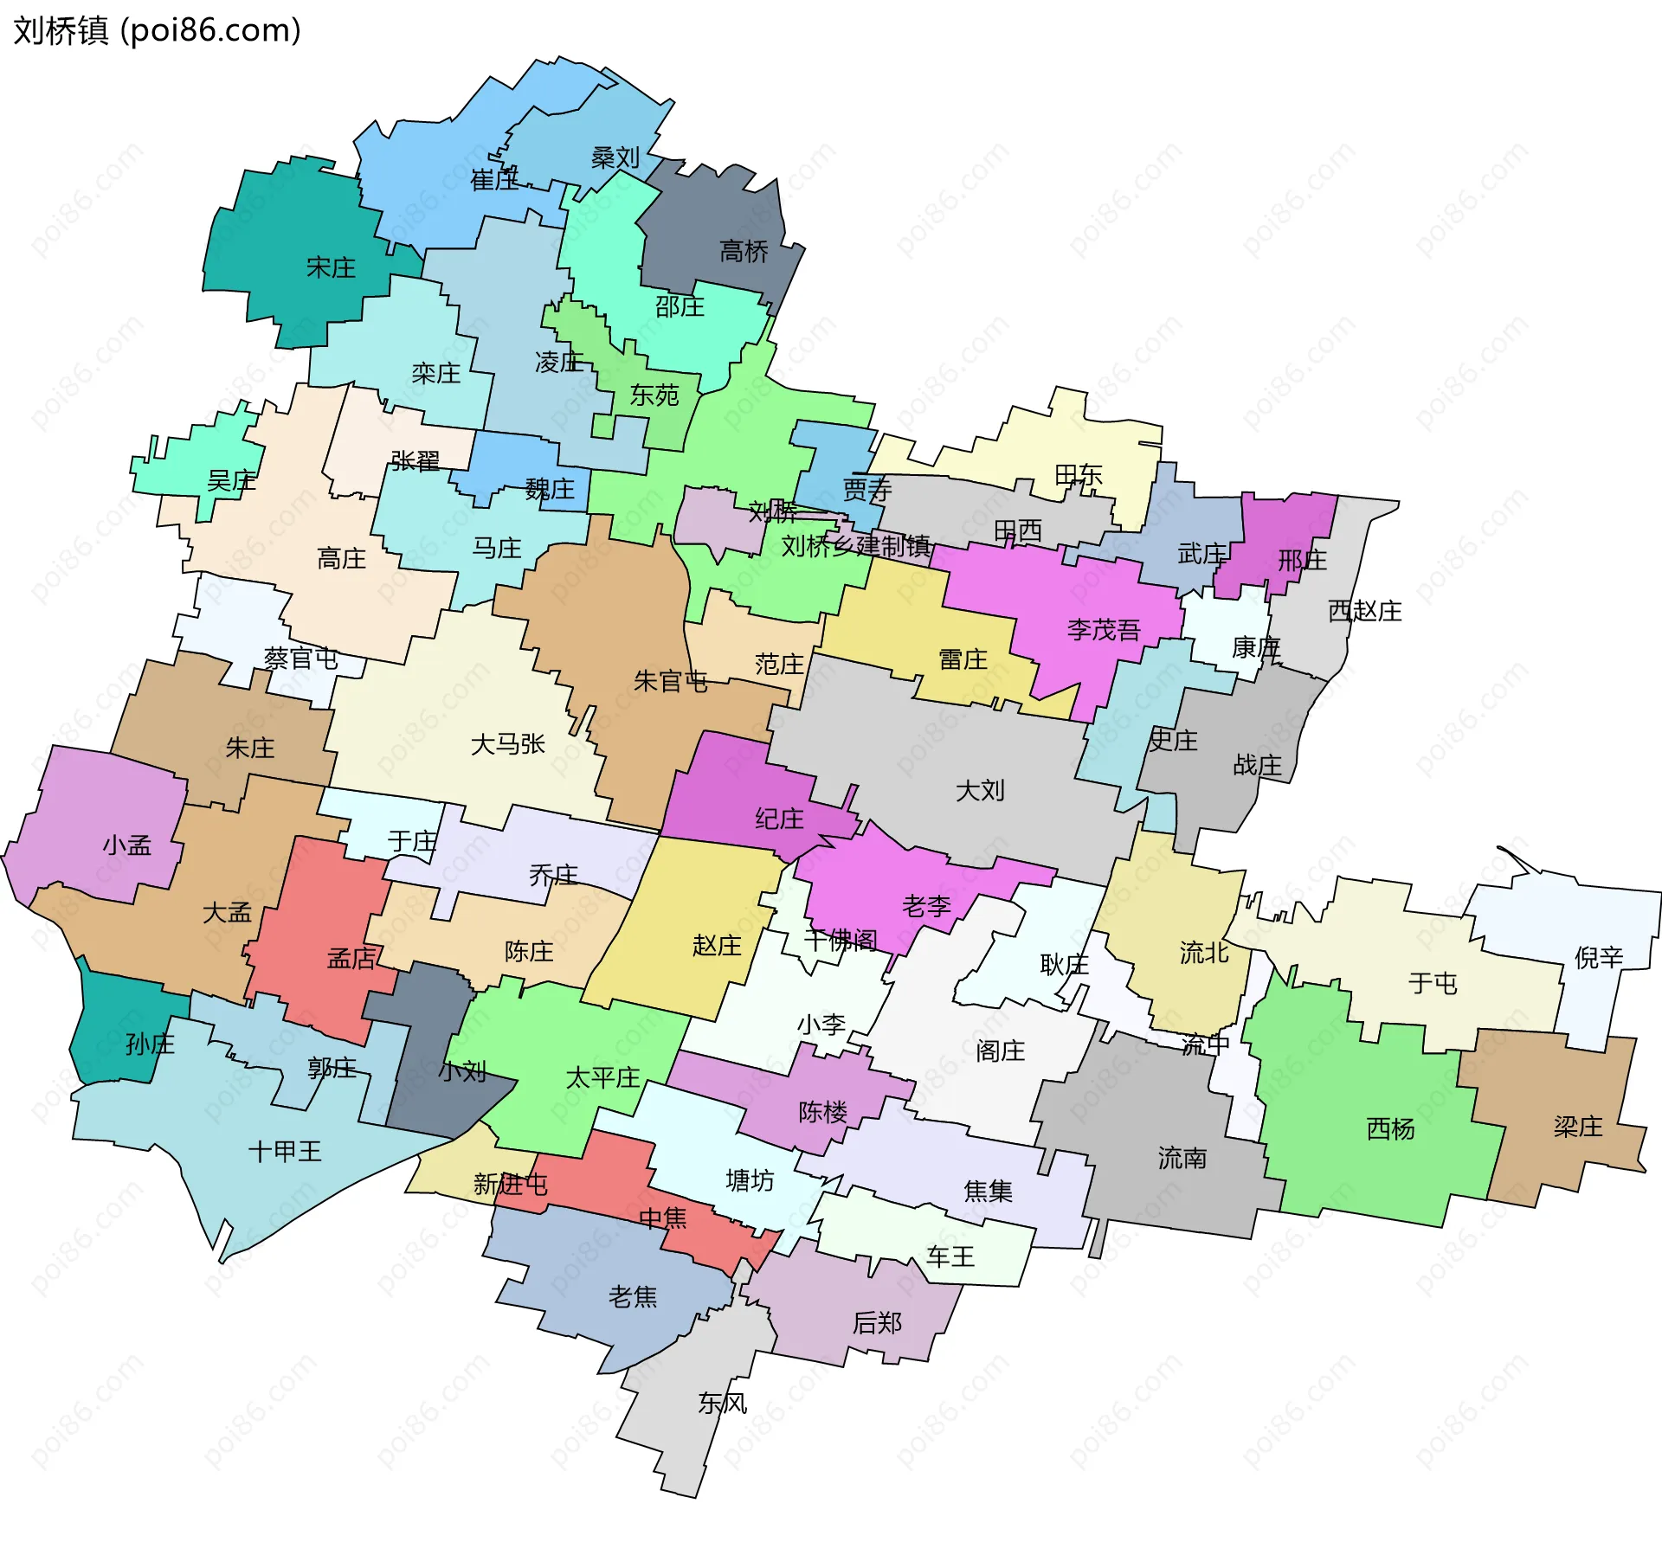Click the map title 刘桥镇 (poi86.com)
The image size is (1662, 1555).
(157, 31)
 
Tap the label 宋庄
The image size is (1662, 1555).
(331, 267)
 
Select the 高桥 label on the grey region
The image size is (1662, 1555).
(744, 252)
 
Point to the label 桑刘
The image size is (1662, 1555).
(615, 157)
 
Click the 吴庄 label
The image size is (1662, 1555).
(231, 480)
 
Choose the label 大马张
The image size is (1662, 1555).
(507, 744)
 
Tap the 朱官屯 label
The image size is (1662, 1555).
(670, 682)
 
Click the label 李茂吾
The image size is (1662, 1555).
(1104, 630)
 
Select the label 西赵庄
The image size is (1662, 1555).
(1364, 611)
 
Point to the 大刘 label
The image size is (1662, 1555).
(980, 790)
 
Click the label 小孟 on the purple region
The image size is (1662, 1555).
(127, 845)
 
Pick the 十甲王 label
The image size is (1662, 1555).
(285, 1151)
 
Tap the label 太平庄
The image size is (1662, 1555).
(602, 1077)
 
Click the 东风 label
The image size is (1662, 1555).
(722, 1403)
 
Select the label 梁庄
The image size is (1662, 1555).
(1577, 1126)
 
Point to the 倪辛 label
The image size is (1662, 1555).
(1598, 957)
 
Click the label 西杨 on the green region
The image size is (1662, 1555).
(1390, 1128)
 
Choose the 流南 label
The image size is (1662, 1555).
(1182, 1158)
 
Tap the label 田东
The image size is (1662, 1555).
(1078, 474)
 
